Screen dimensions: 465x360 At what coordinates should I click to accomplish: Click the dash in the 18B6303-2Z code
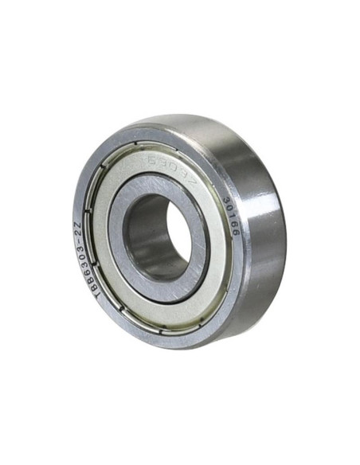click(x=77, y=240)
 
